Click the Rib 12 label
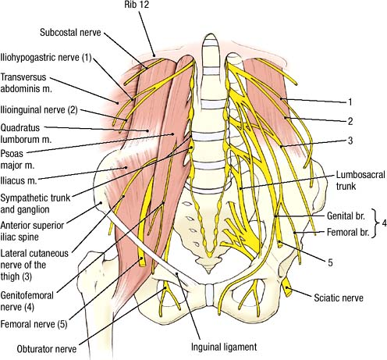(137, 5)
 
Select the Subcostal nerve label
(70, 33)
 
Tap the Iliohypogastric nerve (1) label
(46, 58)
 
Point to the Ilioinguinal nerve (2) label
(39, 110)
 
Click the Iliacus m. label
(19, 180)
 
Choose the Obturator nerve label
(47, 349)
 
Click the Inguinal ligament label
(224, 347)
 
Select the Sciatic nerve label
(339, 298)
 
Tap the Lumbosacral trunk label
(360, 180)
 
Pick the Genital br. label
(346, 216)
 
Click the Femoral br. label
(348, 232)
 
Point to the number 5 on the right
(330, 262)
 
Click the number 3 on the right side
(350, 141)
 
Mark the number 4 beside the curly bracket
(384, 223)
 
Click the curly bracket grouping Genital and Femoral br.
(375, 223)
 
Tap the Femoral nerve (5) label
(34, 324)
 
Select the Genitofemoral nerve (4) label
(27, 301)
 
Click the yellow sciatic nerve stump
(287, 287)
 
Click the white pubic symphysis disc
(210, 295)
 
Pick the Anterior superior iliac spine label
(32, 231)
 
